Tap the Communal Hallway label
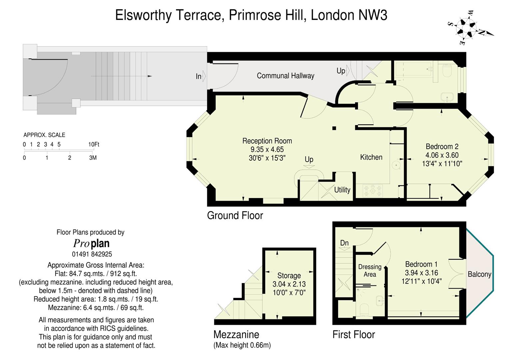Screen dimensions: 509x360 [x=285, y=76]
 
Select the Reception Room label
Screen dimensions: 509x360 [x=267, y=141]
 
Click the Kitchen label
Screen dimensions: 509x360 [x=371, y=157]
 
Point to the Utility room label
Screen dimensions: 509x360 [x=342, y=190]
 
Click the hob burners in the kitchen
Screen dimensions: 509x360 [x=373, y=191]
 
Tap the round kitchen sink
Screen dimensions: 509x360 [x=396, y=165]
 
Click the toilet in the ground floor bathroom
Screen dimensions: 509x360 [x=448, y=71]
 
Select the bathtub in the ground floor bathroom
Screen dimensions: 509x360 [x=413, y=70]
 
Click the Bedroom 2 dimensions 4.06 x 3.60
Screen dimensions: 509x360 [x=442, y=155]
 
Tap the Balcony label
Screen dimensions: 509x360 [x=479, y=274]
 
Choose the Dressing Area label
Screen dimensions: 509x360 [x=370, y=271]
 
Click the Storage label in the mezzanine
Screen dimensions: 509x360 [x=289, y=275]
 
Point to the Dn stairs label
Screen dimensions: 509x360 [x=344, y=243]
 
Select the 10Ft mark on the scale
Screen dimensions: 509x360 [x=94, y=144]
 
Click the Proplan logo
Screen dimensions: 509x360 [x=91, y=243]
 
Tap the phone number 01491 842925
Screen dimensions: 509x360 [x=92, y=254]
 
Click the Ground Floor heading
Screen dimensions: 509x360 [x=235, y=215]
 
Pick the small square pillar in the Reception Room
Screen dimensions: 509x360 [x=334, y=128]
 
